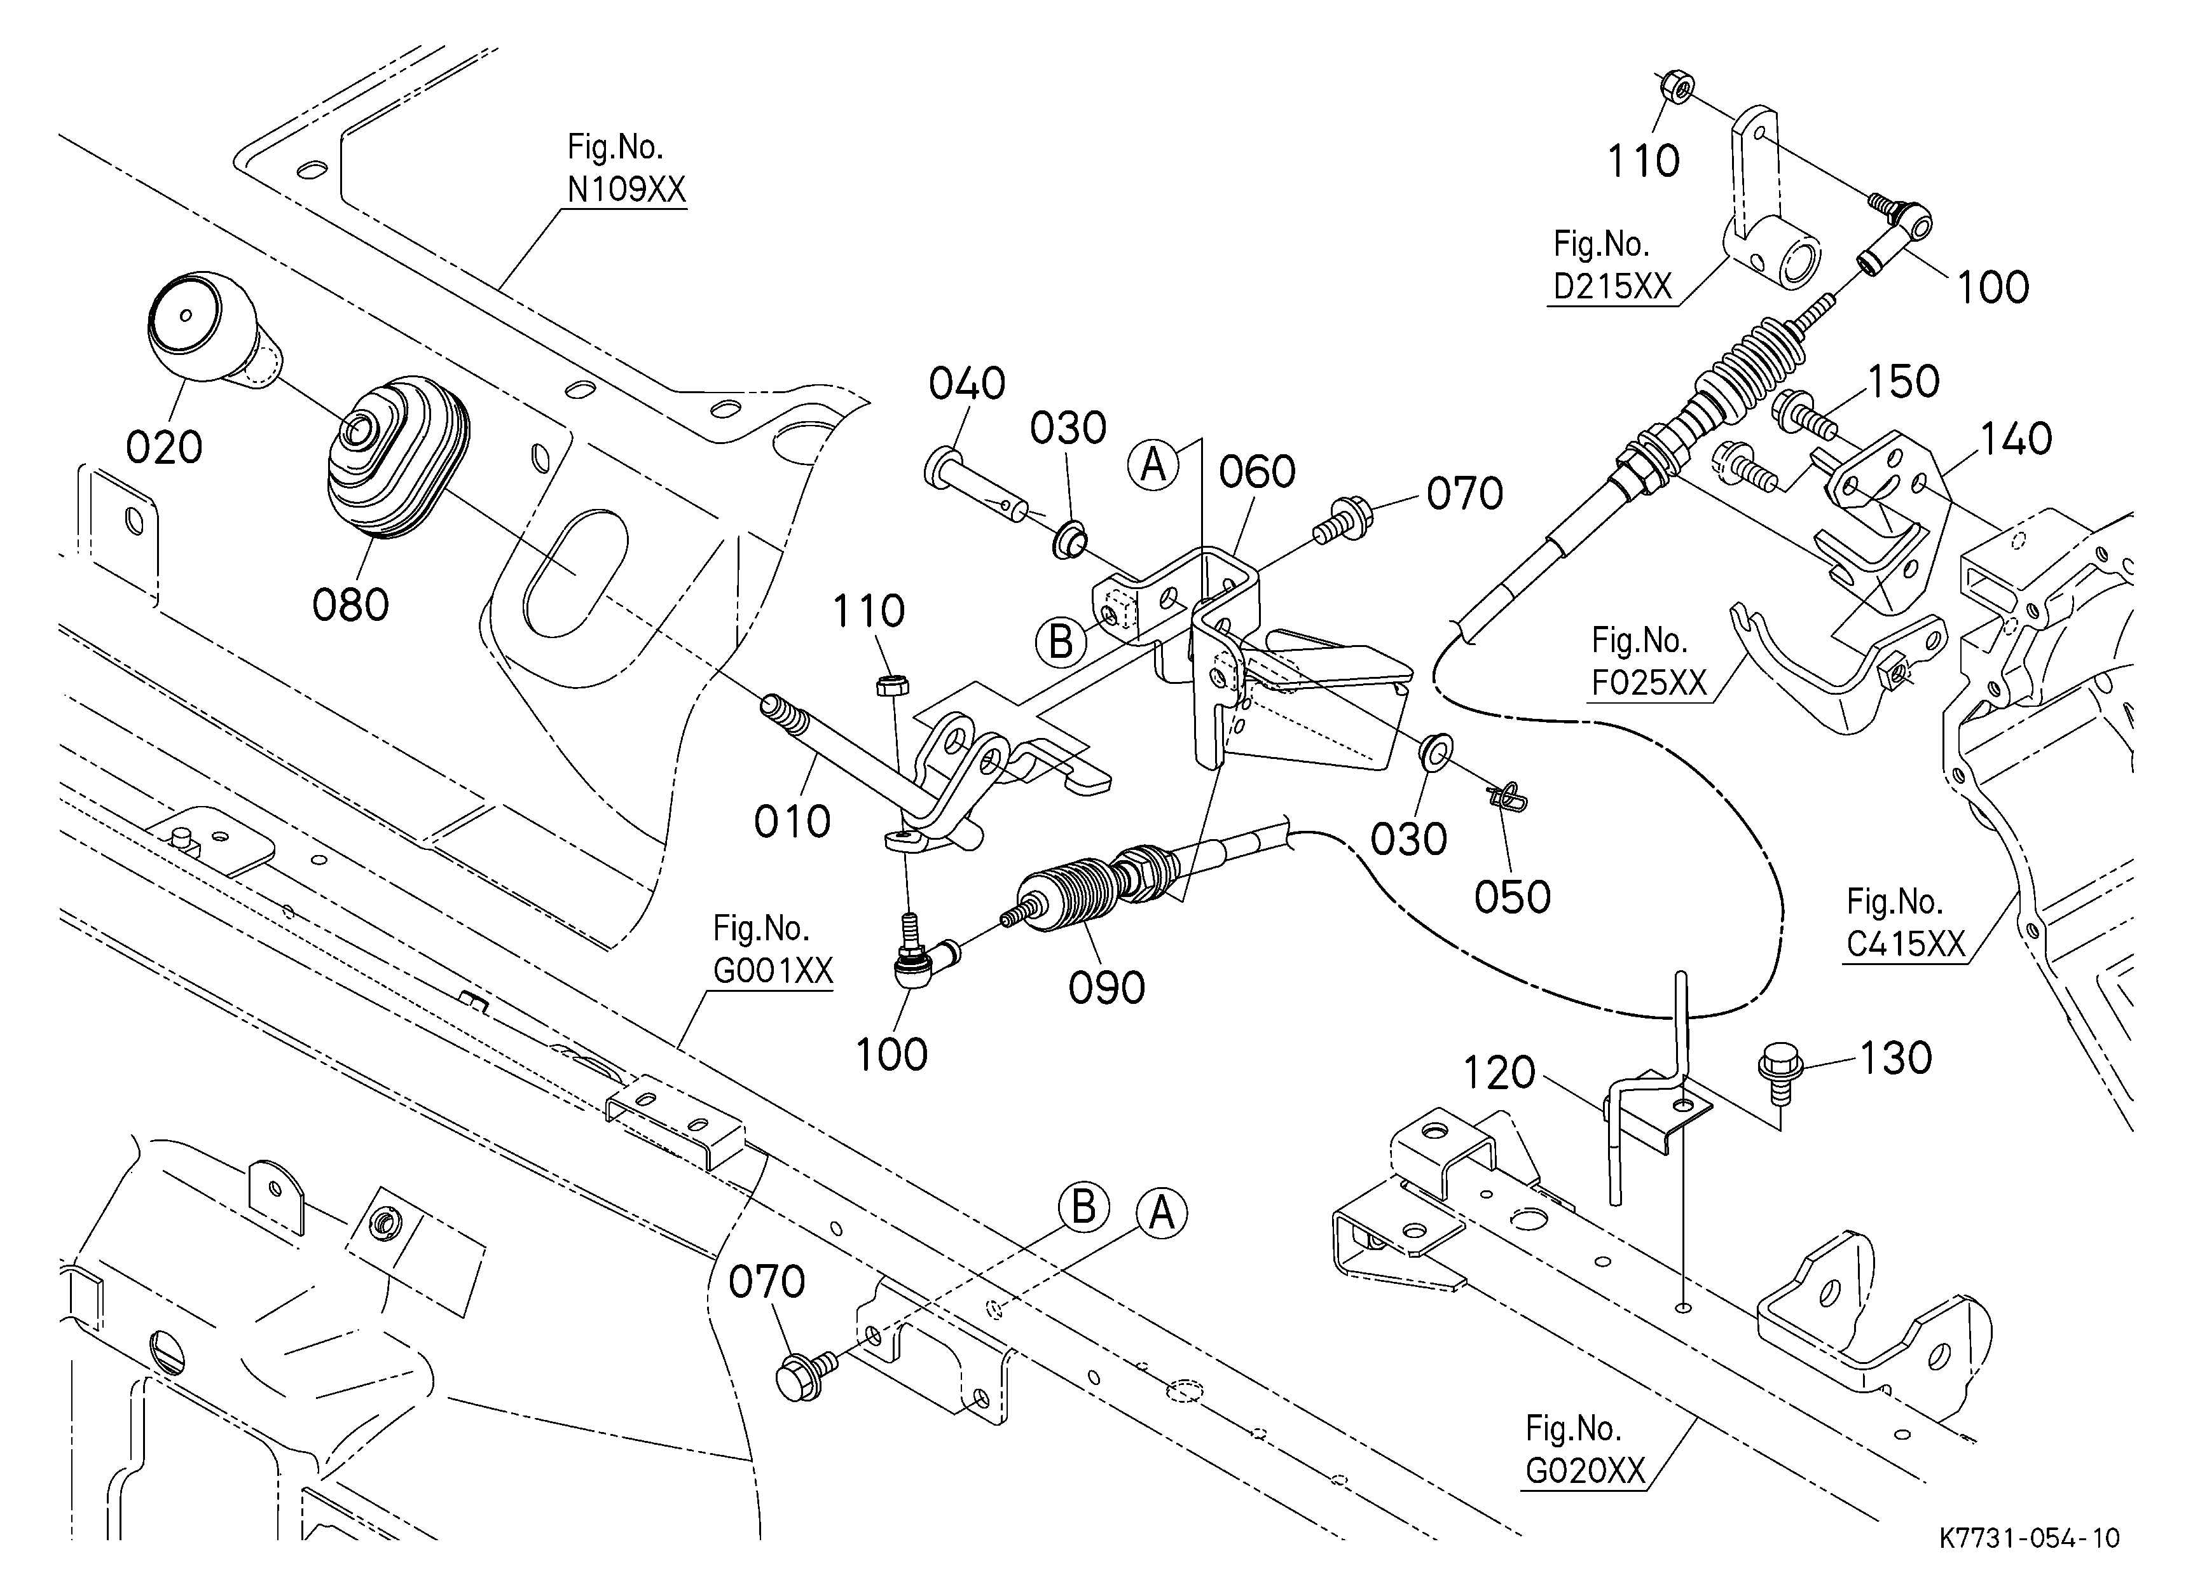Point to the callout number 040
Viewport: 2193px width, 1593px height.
(967, 384)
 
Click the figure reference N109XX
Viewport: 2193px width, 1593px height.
(626, 190)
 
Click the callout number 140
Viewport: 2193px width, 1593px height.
(2016, 439)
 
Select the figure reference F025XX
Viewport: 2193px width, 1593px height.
(1649, 683)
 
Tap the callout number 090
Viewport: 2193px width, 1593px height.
(1106, 987)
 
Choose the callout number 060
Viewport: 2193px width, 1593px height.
(1257, 472)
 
